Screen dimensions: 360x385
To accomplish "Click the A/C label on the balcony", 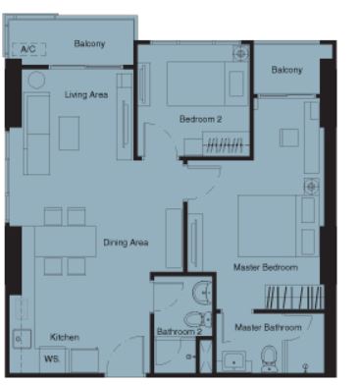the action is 28,49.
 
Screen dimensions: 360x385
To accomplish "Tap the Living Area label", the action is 86,95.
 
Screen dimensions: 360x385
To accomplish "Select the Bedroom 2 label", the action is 200,119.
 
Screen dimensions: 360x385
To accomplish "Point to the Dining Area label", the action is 126,243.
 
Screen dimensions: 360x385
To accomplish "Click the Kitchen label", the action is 65,337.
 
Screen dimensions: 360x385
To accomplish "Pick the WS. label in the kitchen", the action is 52,358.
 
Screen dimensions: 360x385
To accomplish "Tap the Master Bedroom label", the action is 266,267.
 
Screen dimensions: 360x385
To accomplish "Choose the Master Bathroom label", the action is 268,327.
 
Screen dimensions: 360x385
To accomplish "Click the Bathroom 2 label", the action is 180,331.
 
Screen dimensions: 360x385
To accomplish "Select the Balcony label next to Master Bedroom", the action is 286,70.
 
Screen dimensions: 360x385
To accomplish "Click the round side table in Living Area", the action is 36,80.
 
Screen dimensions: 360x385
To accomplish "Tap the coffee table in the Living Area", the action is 69,134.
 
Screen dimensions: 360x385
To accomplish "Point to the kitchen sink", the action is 22,339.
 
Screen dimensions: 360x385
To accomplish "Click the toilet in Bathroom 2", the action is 198,319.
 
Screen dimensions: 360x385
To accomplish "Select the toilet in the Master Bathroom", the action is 270,358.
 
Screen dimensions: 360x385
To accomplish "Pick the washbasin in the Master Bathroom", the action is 233,361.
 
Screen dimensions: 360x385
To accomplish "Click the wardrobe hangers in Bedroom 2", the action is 226,144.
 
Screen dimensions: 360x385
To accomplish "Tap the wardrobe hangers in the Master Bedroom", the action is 294,297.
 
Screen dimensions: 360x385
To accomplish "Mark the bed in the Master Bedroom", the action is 278,226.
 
